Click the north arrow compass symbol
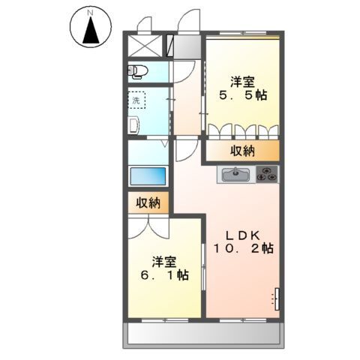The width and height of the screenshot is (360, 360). [x=91, y=27]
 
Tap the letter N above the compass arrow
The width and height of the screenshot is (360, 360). [x=91, y=13]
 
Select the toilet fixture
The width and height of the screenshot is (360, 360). [x=138, y=71]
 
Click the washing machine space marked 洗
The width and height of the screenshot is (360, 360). [x=136, y=100]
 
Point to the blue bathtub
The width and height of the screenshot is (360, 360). [x=148, y=176]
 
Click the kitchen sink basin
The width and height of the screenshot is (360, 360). [x=235, y=174]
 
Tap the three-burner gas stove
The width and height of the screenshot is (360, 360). [x=267, y=174]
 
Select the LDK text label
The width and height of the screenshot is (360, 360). [x=243, y=235]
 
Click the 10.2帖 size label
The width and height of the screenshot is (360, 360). [x=243, y=249]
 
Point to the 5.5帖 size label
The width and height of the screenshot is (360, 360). [x=243, y=95]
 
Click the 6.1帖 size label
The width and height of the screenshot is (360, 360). [x=164, y=275]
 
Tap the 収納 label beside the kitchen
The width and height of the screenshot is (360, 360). [x=242, y=151]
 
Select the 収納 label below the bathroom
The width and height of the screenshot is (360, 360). [x=148, y=202]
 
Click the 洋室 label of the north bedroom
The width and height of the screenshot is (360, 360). [x=242, y=82]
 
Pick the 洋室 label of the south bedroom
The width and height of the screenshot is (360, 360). [x=164, y=262]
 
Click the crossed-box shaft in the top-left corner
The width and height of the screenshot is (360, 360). [x=145, y=46]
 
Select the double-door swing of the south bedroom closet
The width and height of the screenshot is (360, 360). [x=148, y=228]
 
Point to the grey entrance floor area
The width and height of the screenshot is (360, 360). [x=187, y=47]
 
